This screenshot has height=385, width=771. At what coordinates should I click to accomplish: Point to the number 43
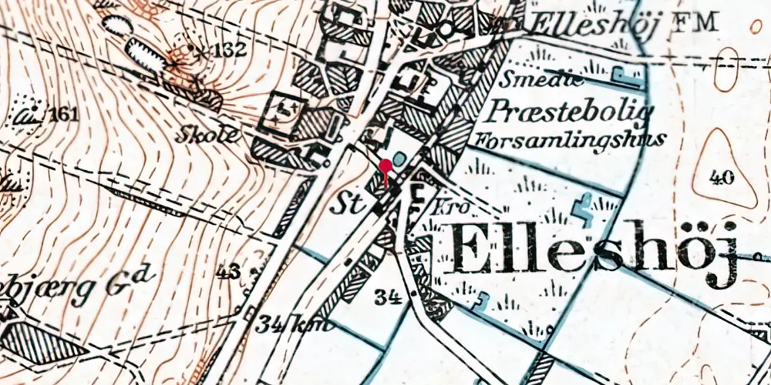tap(229, 273)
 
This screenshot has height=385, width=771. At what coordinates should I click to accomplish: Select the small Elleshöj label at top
tap(593, 25)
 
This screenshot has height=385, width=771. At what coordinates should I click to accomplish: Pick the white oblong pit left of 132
tap(143, 53)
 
